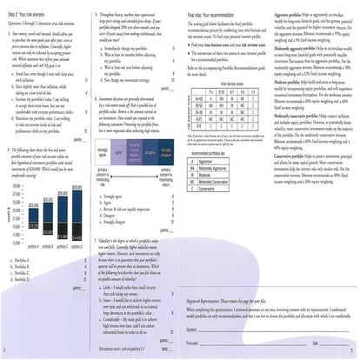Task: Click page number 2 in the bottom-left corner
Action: coord(6,353)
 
